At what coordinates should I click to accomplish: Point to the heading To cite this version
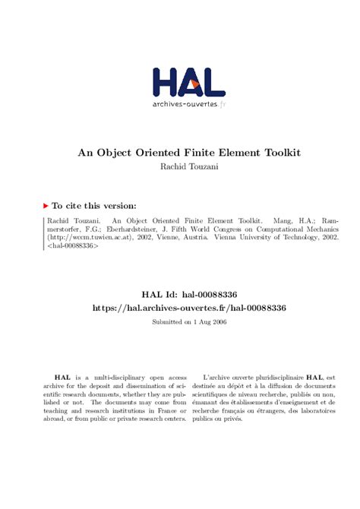tap(93, 205)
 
